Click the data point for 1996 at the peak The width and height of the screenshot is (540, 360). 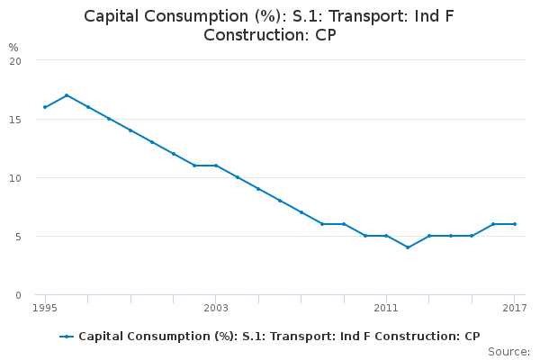pos(67,95)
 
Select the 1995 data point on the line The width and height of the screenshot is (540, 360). pos(45,107)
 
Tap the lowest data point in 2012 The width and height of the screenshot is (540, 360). pos(408,247)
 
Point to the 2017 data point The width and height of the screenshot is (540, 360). pos(515,224)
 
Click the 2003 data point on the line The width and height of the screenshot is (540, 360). pos(216,166)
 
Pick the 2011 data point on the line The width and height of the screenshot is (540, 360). pos(386,236)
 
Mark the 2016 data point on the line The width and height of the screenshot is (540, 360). pos(493,224)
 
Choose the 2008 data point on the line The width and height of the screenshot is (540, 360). pos(322,224)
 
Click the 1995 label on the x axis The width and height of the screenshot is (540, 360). pos(45,309)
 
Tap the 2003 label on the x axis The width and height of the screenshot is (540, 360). pos(216,309)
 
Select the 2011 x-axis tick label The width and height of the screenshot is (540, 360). pos(386,309)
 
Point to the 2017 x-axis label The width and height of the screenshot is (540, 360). pos(515,309)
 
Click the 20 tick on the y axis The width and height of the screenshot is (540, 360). pos(15,60)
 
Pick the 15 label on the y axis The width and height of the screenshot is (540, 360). pos(15,119)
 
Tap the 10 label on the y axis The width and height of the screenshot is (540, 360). pos(15,177)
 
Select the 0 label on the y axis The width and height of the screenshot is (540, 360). pos(18,295)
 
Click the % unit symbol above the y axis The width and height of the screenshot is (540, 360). pos(13,47)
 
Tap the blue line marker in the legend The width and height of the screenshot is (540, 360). pos(67,337)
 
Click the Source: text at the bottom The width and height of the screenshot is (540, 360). pos(508,351)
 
